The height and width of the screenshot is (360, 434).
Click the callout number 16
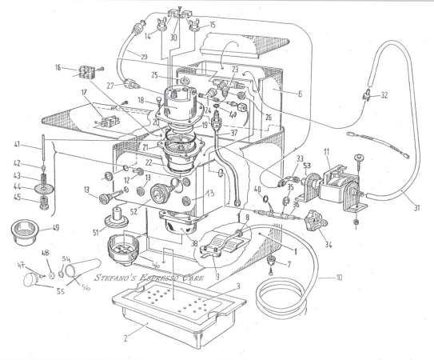coord(58,70)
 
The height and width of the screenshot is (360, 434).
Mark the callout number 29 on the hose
coord(144,57)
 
